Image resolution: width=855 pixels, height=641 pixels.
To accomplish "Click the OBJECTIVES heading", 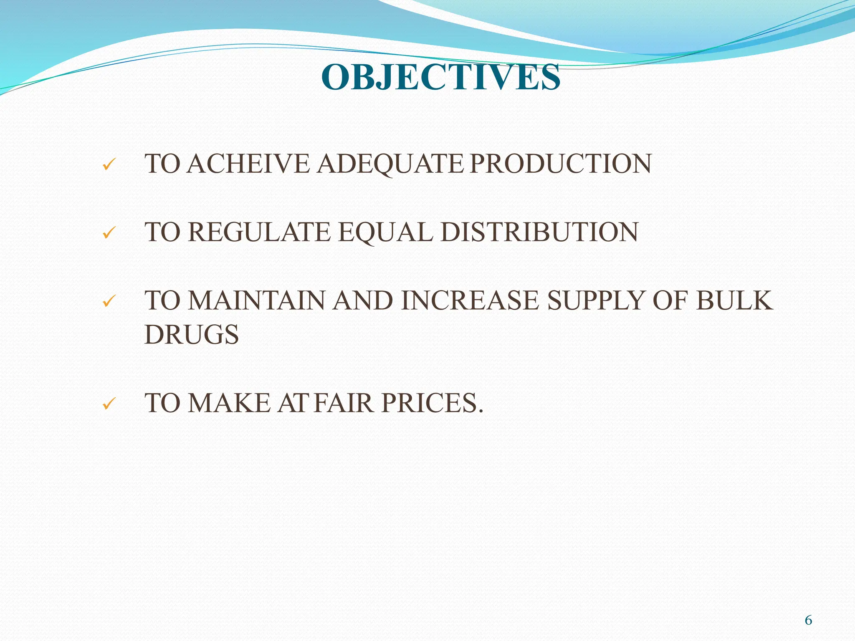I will (440, 77).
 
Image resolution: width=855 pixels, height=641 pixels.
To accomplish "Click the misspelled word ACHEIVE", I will (248, 164).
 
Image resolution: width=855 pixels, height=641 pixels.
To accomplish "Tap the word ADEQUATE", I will (390, 164).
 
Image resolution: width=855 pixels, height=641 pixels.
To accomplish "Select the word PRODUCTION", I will (560, 164).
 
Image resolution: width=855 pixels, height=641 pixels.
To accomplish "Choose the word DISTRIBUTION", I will (539, 232).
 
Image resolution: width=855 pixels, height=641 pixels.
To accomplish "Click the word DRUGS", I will (192, 334).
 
